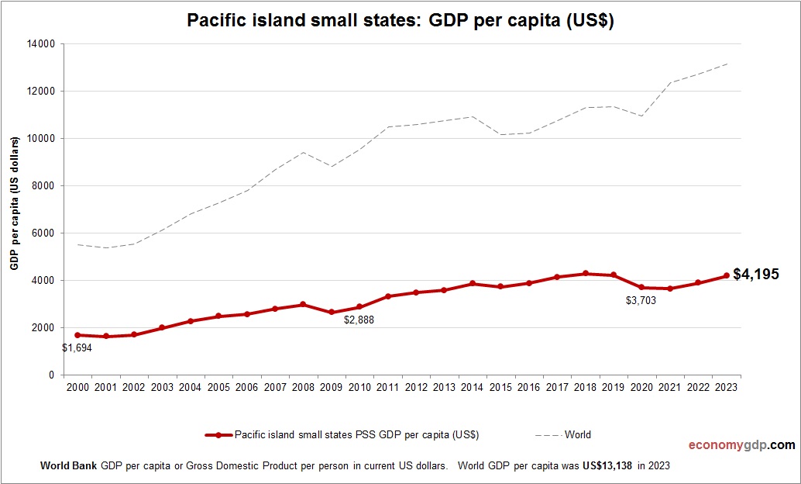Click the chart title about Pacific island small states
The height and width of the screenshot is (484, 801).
(400, 21)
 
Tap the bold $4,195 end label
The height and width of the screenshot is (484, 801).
(755, 274)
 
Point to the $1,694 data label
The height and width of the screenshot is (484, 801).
(77, 348)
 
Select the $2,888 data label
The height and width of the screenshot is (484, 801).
(359, 320)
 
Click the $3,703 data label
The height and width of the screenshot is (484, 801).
(641, 300)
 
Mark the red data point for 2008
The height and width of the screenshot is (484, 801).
(303, 305)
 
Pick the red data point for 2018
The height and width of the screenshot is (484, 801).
(586, 274)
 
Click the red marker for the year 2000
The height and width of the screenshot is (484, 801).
(77, 335)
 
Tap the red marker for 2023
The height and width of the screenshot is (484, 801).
(727, 275)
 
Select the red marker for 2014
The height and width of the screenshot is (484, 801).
(473, 284)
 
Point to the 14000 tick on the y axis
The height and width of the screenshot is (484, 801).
(42, 44)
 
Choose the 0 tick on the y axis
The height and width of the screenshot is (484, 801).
(51, 375)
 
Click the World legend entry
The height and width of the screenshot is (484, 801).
(577, 435)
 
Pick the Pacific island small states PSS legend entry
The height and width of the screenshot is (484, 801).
(356, 435)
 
